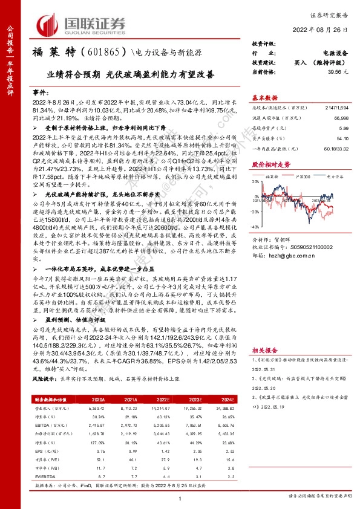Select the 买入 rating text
pos(299,62)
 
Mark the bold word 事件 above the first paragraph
pos(39,92)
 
